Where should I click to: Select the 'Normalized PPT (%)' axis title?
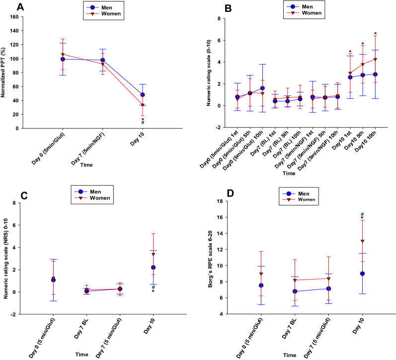click(6, 72)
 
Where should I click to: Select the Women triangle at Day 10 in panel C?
click(154, 254)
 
